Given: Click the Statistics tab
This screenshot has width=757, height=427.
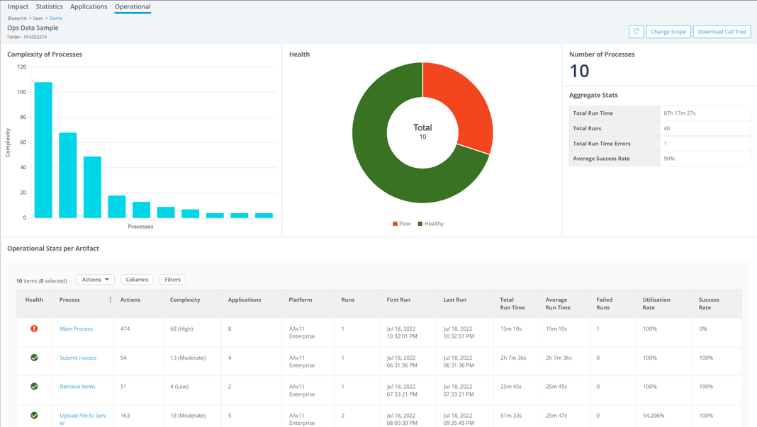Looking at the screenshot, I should coord(49,6).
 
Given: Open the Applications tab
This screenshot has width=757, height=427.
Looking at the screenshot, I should coord(89,6).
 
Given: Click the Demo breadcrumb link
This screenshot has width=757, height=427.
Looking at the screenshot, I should coord(56,18).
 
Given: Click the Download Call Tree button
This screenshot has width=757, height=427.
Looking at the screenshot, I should coord(722,32).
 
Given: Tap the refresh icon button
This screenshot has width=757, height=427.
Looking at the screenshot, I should coord(636,32).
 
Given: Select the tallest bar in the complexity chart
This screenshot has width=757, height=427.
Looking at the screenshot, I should coord(43,150).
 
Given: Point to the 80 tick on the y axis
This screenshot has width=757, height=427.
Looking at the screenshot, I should coord(22,118).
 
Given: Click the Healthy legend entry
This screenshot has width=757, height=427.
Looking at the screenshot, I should coord(430,224).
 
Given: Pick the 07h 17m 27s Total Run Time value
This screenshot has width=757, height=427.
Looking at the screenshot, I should coord(679,113).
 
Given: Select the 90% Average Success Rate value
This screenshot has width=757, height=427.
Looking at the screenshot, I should coord(668,159).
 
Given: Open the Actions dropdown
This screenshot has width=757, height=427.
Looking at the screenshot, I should coord(95,280).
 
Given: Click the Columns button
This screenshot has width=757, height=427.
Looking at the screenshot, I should coord(137,280).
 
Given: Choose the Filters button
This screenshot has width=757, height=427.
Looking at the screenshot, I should coord(172,280).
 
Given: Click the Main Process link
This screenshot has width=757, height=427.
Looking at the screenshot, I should coord(76,329).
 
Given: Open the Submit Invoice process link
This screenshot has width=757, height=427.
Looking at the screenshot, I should coord(78,358).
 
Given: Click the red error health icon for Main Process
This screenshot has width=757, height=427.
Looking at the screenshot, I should coord(34,329).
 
